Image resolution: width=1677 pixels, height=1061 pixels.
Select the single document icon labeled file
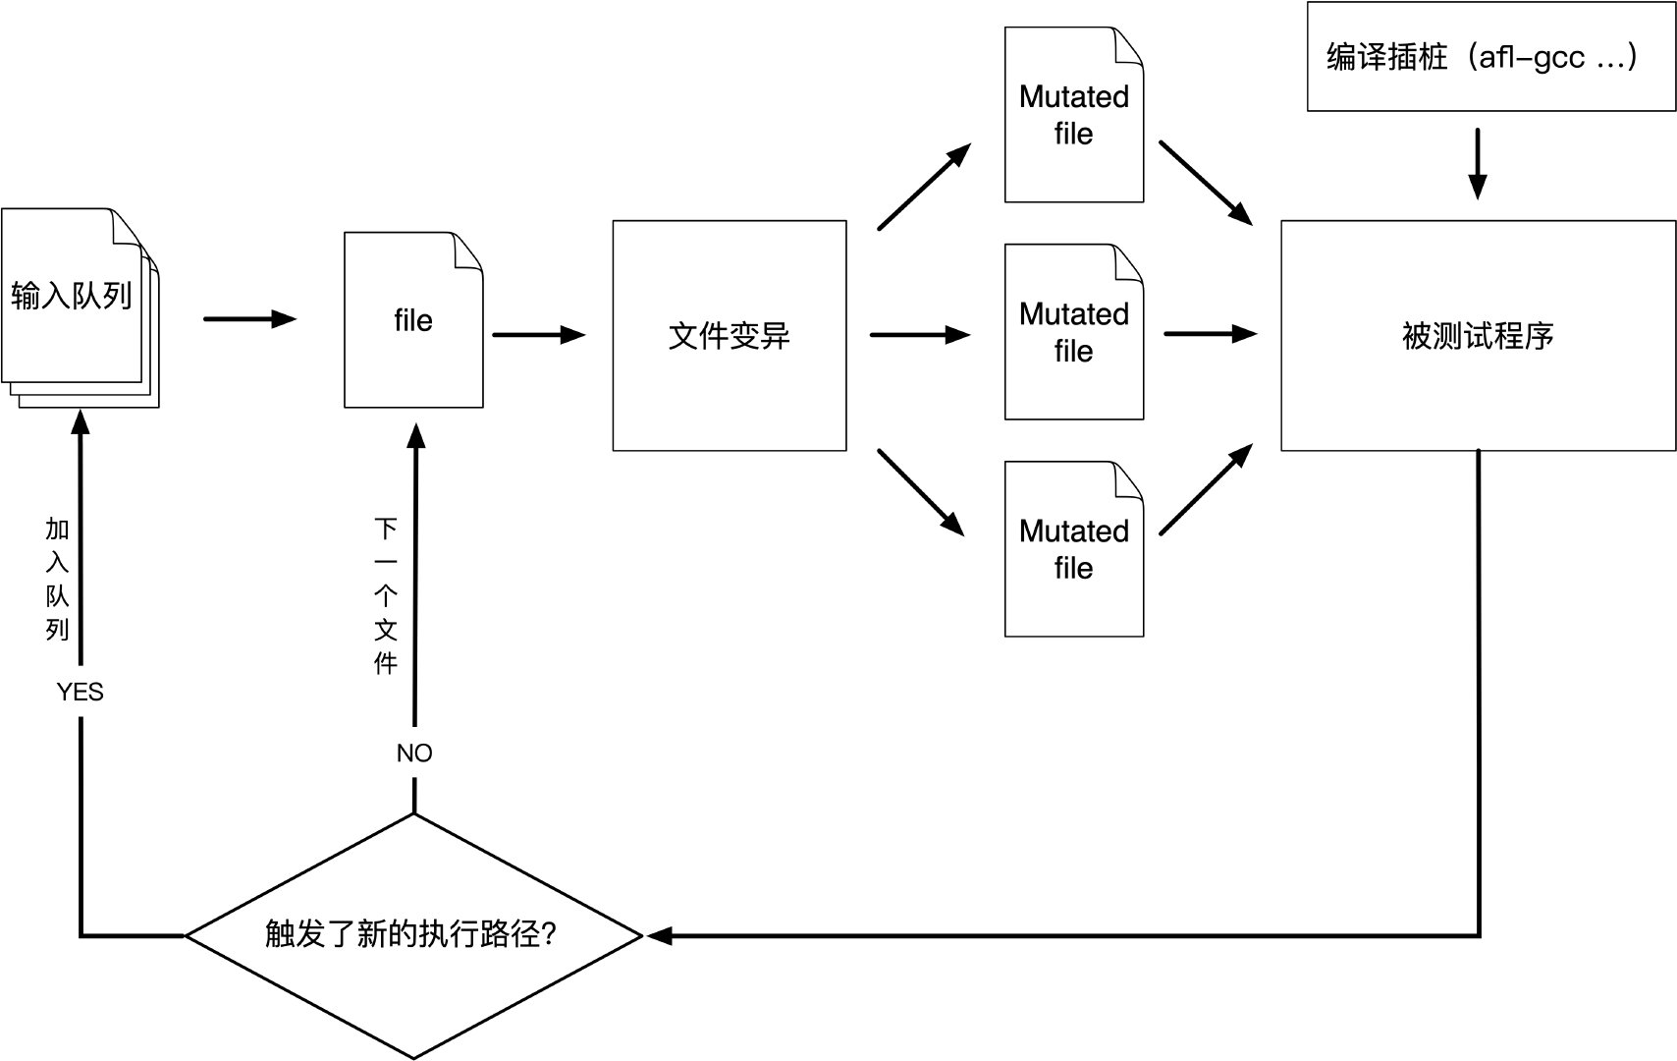point(413,321)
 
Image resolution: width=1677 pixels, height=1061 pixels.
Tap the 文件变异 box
point(729,336)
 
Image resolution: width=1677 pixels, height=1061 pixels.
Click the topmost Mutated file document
point(1073,116)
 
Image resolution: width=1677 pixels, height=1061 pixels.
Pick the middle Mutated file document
point(1073,332)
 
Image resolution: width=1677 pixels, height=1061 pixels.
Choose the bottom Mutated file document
point(1073,549)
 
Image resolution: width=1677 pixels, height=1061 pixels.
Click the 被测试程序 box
point(1477,336)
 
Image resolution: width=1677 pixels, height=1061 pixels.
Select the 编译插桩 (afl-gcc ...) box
point(1490,57)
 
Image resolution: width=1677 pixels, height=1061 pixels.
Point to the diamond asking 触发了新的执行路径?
point(413,934)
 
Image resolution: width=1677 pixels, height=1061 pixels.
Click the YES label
point(80,693)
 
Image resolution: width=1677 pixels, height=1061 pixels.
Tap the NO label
point(414,754)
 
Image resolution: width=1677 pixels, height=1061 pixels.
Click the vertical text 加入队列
point(58,580)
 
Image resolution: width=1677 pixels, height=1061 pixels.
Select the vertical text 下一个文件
point(386,596)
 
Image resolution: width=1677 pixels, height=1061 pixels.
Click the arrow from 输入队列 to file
point(249,319)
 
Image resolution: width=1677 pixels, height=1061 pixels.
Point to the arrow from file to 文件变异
point(538,335)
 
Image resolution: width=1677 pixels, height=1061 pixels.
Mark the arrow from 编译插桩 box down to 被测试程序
point(1477,163)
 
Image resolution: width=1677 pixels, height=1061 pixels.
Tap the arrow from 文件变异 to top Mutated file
point(923,188)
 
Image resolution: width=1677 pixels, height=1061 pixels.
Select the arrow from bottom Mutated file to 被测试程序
point(1205,490)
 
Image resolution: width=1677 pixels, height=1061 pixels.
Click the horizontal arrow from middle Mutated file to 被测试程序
point(1210,334)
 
